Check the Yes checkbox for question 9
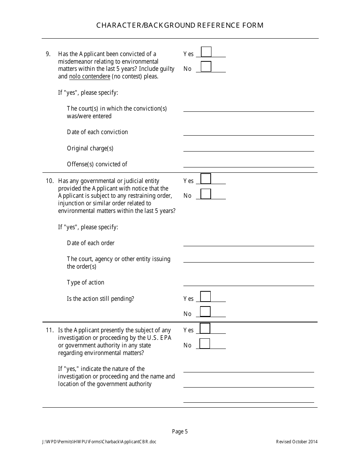point(206,52)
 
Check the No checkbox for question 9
point(206,67)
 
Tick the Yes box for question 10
point(206,178)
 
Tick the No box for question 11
point(205,344)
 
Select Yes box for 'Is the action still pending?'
point(205,296)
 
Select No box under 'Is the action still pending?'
point(205,311)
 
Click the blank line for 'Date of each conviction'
point(249,132)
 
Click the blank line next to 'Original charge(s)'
point(249,148)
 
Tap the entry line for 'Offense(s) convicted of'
point(249,164)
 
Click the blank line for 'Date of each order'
point(249,242)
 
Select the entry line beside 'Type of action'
point(249,282)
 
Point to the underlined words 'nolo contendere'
point(90,77)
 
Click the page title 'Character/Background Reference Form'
point(180,25)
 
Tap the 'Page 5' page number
point(180,431)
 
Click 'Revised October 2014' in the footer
point(297,442)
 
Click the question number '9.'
point(48,54)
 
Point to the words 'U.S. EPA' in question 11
point(160,338)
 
